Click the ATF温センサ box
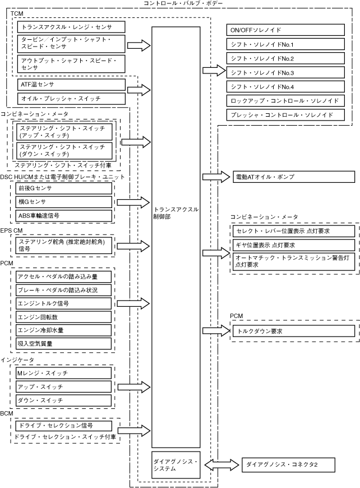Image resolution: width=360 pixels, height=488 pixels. (71, 85)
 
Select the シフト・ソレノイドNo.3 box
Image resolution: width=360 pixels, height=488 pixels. (285, 72)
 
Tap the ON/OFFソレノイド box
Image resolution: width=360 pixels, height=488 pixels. (285, 30)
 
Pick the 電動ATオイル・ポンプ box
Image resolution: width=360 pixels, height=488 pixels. (294, 177)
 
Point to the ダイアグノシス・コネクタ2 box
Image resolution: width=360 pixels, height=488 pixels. (288, 464)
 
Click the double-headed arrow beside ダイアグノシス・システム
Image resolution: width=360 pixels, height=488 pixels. (221, 464)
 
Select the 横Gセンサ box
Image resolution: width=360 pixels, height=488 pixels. (64, 202)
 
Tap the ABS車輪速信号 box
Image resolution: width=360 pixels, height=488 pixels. (64, 216)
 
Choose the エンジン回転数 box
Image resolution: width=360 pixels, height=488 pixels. (63, 317)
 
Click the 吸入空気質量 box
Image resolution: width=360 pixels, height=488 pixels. (63, 344)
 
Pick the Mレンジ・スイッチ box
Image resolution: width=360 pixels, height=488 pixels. (63, 373)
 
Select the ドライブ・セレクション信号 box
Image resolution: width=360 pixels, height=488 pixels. (64, 425)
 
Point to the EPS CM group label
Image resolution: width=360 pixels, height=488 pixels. (11, 231)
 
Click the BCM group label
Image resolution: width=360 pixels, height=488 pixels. (7, 413)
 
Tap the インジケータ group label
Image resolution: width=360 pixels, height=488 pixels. (17, 360)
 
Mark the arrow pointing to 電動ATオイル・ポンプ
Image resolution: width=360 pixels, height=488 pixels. (216, 177)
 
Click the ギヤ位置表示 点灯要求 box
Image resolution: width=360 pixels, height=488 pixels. (294, 245)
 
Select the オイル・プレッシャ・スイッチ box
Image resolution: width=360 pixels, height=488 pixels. (71, 99)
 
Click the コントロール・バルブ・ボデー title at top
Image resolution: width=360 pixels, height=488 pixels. (183, 3)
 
